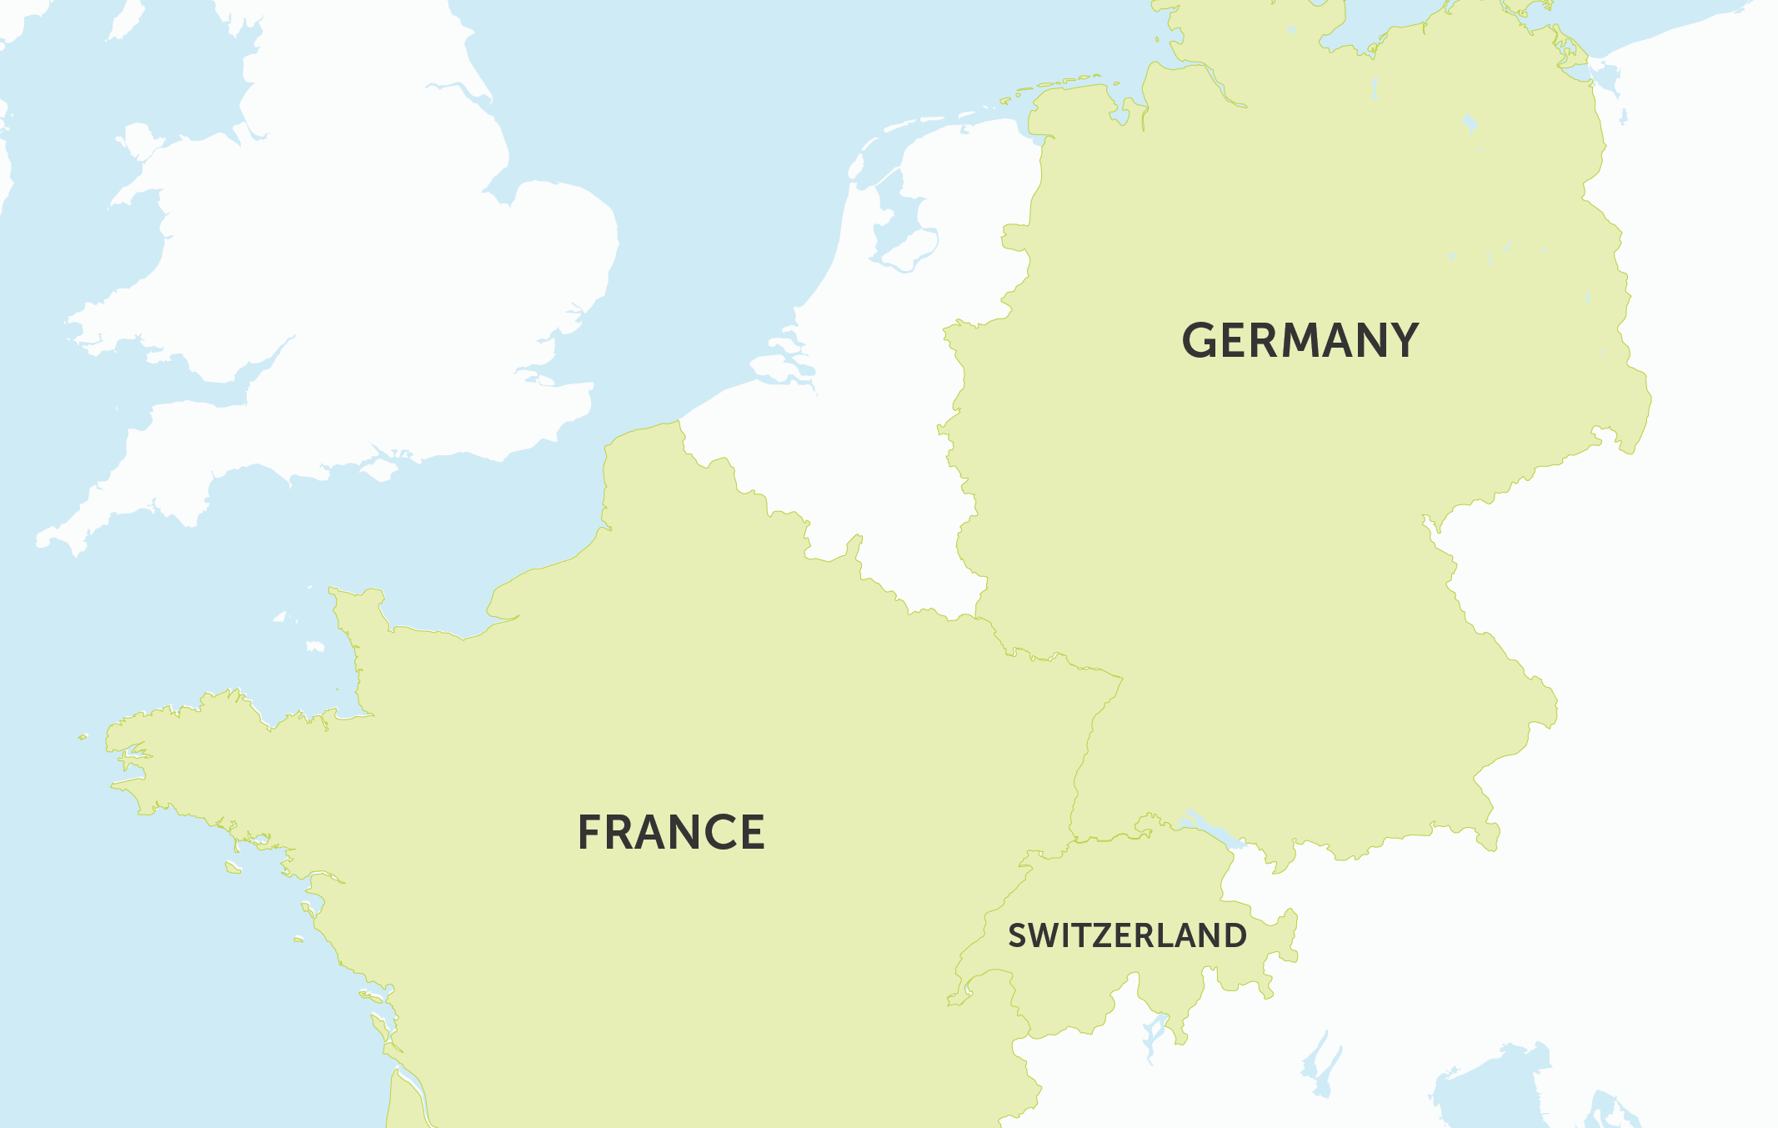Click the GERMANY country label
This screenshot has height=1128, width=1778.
click(x=1300, y=340)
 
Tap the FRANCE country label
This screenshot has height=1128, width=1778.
click(x=671, y=832)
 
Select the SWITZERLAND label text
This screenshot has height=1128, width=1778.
click(x=1127, y=935)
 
